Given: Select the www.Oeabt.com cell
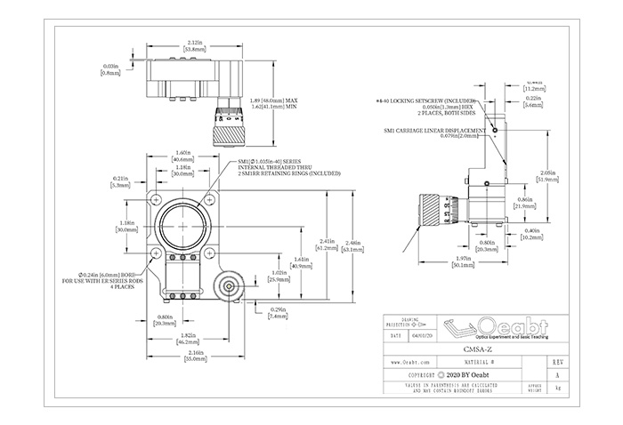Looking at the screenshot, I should pos(410,364).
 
